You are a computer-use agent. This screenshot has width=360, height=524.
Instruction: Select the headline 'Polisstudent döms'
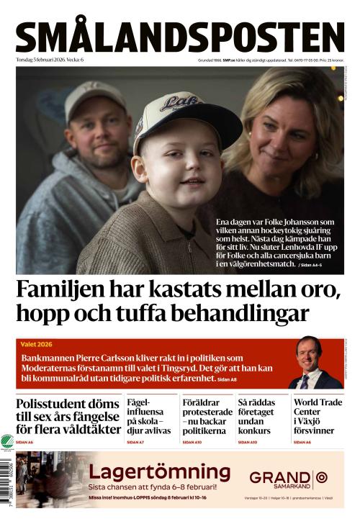pos(66,404)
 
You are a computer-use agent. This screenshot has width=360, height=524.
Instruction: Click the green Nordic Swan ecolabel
pos(7,441)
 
